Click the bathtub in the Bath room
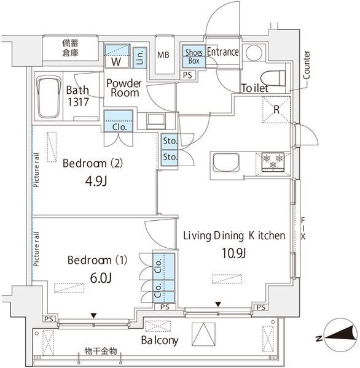49,97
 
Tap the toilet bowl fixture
273,77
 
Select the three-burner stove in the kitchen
273,162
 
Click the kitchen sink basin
226,163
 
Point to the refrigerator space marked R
276,110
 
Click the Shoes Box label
194,56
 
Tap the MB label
163,55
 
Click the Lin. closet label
140,58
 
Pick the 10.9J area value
233,253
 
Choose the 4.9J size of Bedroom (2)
96,181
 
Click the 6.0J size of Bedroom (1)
101,278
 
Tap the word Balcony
160,340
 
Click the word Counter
307,65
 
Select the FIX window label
303,229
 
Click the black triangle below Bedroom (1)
94,316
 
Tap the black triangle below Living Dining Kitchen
219,304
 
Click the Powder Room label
124,88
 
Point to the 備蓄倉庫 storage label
70,48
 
